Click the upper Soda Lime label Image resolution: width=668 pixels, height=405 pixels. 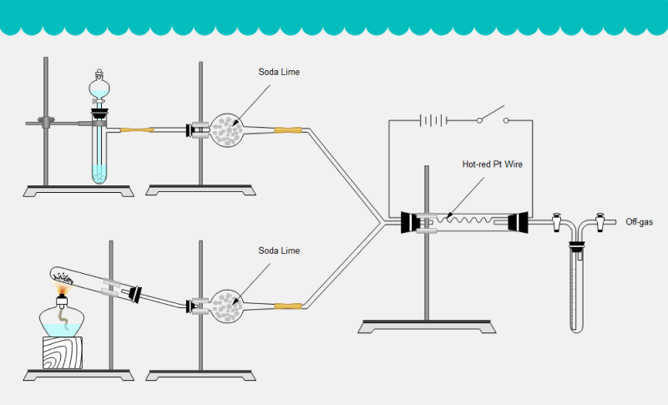[x=279, y=72]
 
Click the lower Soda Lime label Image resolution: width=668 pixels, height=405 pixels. [x=279, y=251]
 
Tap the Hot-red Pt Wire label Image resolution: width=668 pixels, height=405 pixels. [x=492, y=165]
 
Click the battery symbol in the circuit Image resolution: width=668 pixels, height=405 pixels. [x=432, y=120]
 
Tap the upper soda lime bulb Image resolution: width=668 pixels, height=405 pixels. [x=225, y=129]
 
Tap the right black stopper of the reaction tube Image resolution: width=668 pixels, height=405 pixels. [x=517, y=222]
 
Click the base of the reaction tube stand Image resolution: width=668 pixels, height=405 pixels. [x=427, y=327]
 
